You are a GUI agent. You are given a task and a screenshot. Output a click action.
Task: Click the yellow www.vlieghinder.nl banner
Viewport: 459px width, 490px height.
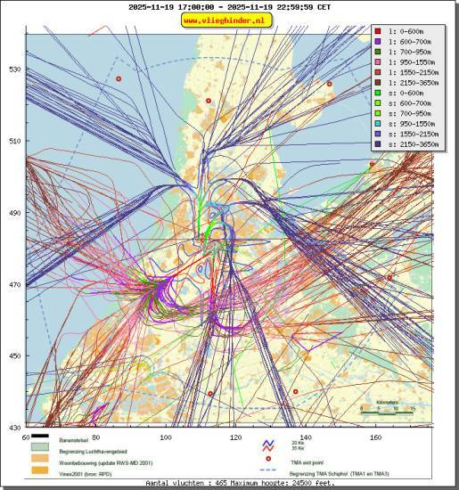pos(228,20)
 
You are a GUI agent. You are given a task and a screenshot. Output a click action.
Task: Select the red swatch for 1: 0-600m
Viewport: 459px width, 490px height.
pos(378,33)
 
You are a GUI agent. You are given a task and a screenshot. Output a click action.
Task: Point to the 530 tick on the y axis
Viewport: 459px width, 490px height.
pos(14,69)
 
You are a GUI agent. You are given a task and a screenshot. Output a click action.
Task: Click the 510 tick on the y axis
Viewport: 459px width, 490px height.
pos(14,141)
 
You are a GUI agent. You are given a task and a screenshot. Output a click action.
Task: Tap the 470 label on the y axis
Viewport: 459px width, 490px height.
pos(14,285)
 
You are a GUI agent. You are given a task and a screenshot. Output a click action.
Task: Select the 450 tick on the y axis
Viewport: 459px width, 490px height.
pos(14,356)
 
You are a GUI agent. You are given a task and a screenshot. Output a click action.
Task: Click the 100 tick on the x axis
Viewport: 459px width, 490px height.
pos(166,437)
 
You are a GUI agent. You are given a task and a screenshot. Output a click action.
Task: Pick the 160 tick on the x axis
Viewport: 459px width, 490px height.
pos(375,437)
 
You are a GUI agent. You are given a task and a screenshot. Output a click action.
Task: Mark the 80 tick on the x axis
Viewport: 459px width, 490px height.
pos(95,437)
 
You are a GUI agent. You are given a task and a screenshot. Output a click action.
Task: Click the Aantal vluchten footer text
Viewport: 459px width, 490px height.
pos(228,483)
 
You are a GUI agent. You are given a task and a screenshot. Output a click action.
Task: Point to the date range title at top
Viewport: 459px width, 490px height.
pos(228,6)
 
